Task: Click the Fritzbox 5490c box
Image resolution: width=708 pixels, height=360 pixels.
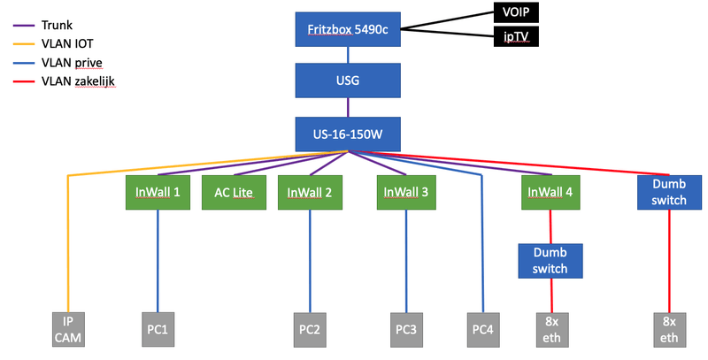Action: pos(348,30)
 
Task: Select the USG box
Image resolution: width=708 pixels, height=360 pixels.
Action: pos(348,81)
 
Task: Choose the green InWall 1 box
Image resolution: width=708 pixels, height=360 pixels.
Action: pos(158,192)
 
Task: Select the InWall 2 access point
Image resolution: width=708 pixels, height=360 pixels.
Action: pos(310,192)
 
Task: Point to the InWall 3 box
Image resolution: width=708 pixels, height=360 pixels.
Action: pos(407,192)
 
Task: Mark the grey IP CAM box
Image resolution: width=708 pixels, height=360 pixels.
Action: pos(68,329)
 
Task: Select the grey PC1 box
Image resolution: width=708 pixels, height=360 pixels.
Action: pos(158,328)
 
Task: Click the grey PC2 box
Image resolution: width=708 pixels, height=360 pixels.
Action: pos(310,328)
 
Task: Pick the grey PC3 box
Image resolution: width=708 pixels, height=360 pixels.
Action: pos(408,328)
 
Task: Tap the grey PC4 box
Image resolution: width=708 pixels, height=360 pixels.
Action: pos(483,328)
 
